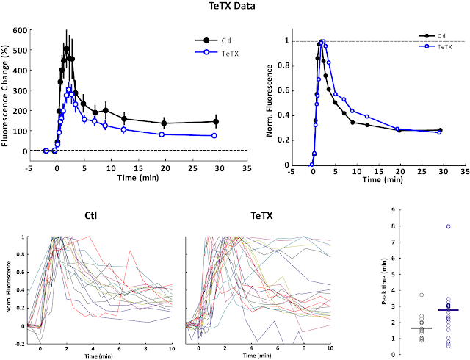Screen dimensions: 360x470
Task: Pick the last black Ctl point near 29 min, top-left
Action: [x=215, y=122]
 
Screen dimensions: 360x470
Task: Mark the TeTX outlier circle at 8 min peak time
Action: [x=448, y=226]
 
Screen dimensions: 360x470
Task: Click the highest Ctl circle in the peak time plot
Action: [x=422, y=295]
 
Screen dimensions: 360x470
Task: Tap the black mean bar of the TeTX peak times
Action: [x=448, y=310]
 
